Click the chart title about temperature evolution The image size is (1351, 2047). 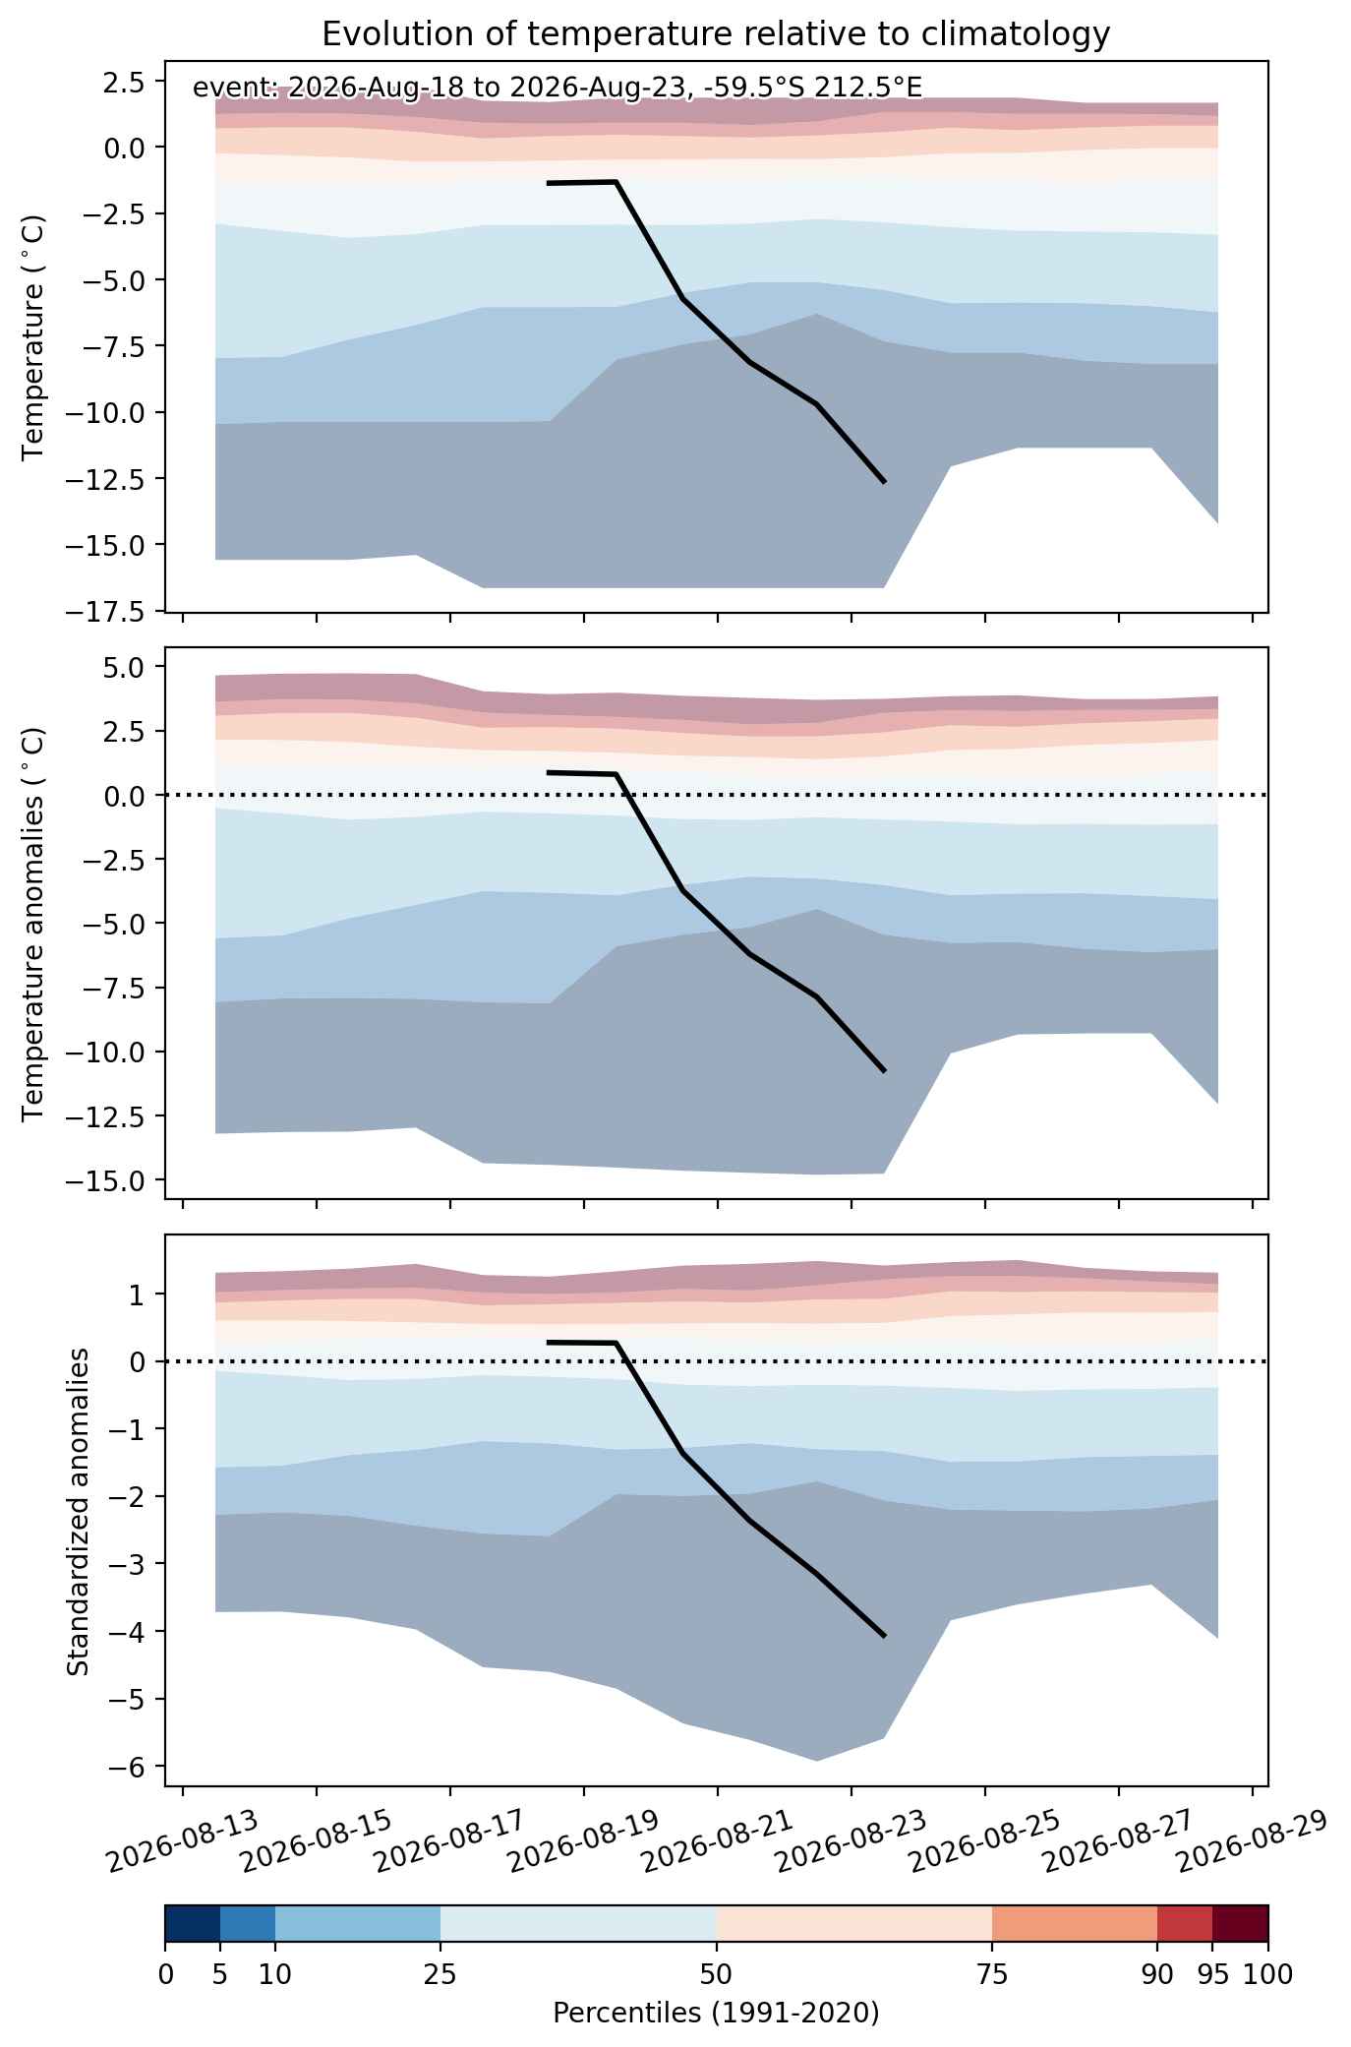(716, 34)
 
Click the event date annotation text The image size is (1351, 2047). (558, 89)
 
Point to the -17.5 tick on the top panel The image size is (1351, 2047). (114, 613)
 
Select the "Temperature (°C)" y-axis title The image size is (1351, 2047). (33, 337)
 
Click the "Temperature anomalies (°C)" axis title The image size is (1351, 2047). (33, 924)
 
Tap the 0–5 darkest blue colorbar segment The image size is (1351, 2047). (193, 1924)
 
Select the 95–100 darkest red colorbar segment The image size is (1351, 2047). (1240, 1924)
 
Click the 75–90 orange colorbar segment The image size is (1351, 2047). (1075, 1924)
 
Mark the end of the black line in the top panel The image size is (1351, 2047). (885, 482)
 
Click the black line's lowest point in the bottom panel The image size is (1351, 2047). (885, 1636)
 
